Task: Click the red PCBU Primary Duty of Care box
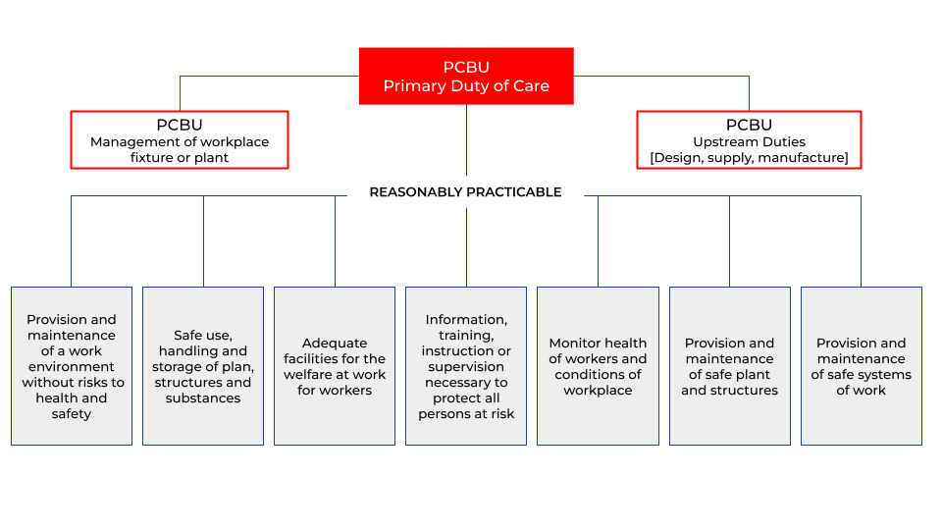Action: click(466, 76)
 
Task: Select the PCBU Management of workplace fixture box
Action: click(180, 139)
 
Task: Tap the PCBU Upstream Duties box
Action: click(749, 139)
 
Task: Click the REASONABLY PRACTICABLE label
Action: click(465, 192)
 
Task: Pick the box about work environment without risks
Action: click(72, 366)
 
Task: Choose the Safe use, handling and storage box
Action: click(203, 366)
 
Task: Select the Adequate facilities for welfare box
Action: click(335, 366)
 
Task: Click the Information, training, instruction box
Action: click(466, 366)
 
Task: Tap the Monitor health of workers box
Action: click(598, 366)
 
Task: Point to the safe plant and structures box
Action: click(729, 366)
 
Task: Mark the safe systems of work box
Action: click(861, 366)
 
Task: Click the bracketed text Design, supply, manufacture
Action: click(749, 158)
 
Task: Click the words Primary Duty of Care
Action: click(466, 86)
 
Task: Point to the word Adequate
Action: click(335, 344)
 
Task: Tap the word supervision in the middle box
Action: click(466, 367)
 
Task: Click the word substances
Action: click(203, 398)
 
